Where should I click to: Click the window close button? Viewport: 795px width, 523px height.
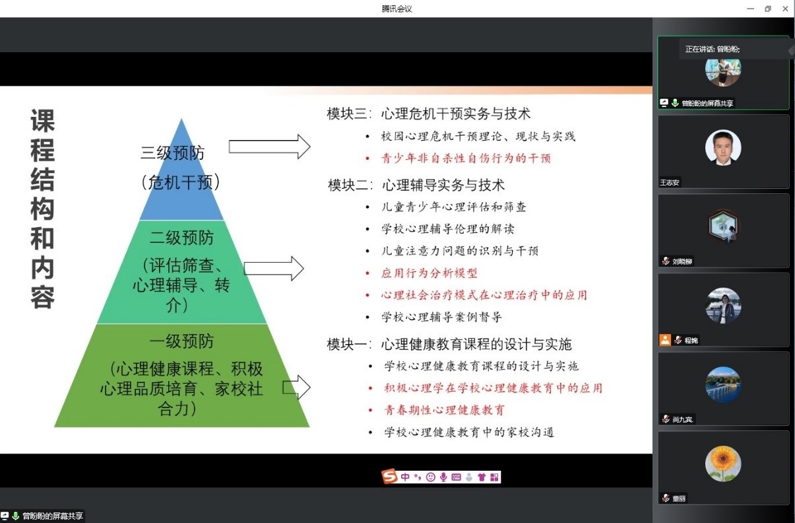click(x=785, y=9)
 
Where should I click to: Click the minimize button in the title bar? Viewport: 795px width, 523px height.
click(x=750, y=9)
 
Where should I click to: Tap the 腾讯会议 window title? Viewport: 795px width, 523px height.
click(x=397, y=9)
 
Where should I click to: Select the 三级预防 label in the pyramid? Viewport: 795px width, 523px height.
click(x=172, y=153)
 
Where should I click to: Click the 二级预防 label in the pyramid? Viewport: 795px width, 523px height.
click(x=181, y=238)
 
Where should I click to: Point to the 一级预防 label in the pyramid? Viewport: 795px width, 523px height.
click(x=181, y=341)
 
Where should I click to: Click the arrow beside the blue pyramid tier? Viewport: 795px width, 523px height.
click(x=269, y=147)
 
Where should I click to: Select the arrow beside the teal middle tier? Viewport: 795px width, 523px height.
click(x=274, y=268)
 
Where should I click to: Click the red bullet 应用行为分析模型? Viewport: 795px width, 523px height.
click(x=429, y=273)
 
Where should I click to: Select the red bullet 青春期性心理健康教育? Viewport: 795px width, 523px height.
click(x=445, y=410)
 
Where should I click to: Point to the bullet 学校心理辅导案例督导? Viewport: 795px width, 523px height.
click(x=441, y=317)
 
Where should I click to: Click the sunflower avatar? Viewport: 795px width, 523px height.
click(x=723, y=464)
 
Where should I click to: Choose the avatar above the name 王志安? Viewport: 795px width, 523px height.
click(x=723, y=147)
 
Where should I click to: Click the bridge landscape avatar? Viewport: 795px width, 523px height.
click(x=723, y=384)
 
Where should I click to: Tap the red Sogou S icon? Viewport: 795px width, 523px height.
click(x=389, y=477)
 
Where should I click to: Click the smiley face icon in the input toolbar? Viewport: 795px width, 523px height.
click(x=431, y=477)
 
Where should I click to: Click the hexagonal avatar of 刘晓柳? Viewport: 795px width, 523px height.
click(x=723, y=227)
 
